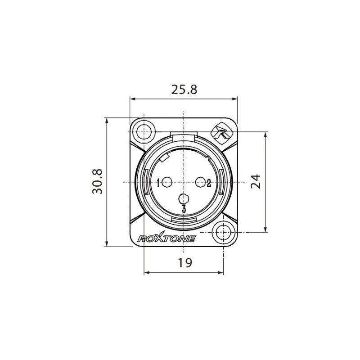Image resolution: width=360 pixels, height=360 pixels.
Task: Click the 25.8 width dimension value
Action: pos(184,90)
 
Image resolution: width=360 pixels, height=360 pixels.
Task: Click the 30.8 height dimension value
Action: pos(98,181)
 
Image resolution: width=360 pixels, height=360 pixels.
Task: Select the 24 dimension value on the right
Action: pos(255,181)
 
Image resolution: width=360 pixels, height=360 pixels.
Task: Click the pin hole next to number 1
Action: pos(167,183)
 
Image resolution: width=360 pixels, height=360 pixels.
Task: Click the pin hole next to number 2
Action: pos(200,182)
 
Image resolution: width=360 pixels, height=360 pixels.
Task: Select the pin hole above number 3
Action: pos(184,198)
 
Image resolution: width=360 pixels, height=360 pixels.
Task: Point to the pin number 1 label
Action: pos(159,183)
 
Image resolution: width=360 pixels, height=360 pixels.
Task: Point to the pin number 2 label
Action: pos(209,182)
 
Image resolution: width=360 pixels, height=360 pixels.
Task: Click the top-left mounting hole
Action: pos(144,131)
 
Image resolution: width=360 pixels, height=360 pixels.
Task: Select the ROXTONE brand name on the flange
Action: pos(166,238)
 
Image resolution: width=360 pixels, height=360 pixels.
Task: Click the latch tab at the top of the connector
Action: pos(184,135)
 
